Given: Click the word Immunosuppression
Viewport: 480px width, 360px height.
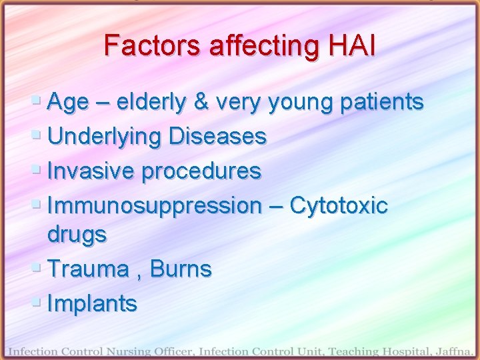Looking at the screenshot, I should (155, 206).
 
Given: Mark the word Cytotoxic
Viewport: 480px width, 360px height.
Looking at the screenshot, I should (339, 206).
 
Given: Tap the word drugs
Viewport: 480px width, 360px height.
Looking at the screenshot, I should (77, 235).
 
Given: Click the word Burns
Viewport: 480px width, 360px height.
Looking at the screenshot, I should (181, 269).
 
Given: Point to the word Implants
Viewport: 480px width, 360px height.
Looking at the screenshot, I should (93, 304).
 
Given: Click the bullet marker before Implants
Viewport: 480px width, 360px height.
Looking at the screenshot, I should (37, 303).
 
